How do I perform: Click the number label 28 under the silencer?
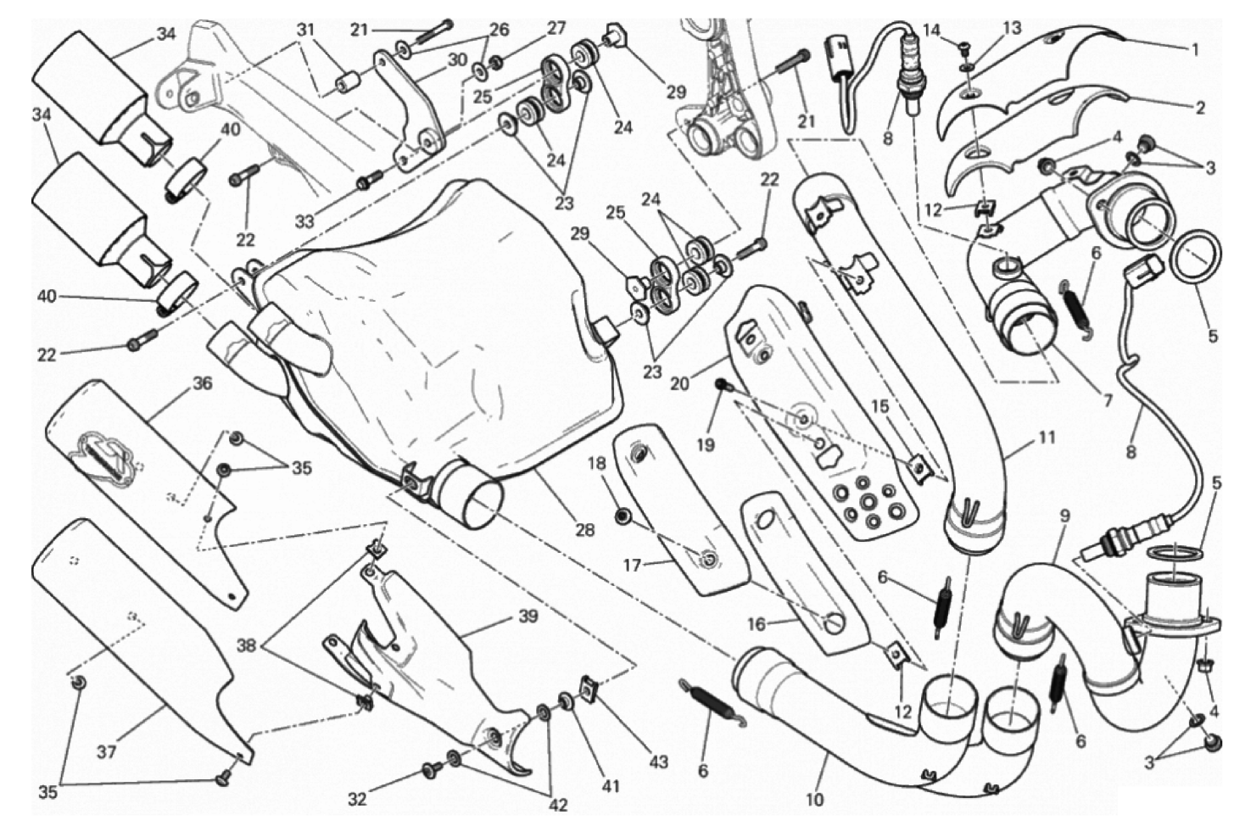(x=584, y=530)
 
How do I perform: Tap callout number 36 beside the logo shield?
(x=203, y=383)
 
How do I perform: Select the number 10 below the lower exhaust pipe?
(x=814, y=799)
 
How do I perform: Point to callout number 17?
(x=632, y=565)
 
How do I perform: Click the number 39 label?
(x=528, y=617)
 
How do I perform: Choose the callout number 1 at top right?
(x=1194, y=50)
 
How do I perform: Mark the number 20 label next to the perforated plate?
(x=680, y=383)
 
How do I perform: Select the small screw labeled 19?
(x=723, y=385)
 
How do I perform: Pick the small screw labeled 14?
(x=964, y=45)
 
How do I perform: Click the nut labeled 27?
(x=496, y=63)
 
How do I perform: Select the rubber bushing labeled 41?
(x=566, y=702)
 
